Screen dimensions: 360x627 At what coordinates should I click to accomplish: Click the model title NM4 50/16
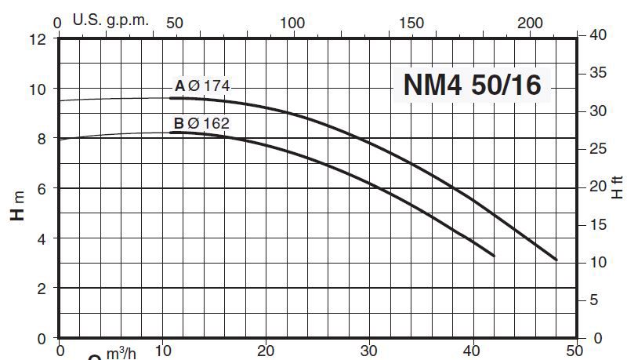tap(472, 85)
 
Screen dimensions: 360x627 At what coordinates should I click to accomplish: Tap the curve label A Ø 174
tap(201, 85)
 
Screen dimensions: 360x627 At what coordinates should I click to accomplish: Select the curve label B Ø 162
tap(201, 122)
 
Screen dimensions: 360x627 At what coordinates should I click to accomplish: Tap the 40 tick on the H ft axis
tap(598, 35)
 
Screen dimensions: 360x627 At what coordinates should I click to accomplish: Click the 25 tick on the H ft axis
tap(598, 148)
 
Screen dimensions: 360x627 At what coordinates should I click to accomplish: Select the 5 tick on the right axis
tap(593, 300)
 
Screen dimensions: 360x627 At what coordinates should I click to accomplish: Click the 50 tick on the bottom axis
tap(575, 351)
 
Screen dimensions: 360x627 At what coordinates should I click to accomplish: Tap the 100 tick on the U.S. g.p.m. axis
tap(292, 23)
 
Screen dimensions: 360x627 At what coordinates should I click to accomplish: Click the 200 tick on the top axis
tap(531, 23)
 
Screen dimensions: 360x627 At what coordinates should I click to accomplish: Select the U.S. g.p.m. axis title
tap(111, 20)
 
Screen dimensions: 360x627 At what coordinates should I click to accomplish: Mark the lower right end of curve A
tap(556, 259)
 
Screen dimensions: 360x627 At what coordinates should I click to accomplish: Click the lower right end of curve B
tap(494, 256)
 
